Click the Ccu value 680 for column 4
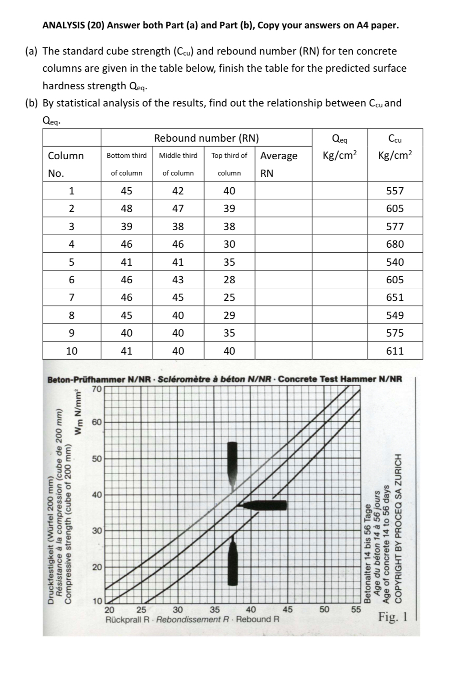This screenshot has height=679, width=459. (x=395, y=244)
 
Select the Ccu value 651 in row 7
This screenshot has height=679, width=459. (x=395, y=297)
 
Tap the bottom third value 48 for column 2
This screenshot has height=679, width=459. (x=127, y=208)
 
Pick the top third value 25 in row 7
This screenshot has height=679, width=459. (x=229, y=297)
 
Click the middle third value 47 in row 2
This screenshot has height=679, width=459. (x=178, y=208)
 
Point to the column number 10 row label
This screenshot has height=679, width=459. (x=72, y=351)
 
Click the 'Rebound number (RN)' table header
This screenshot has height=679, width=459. (x=206, y=138)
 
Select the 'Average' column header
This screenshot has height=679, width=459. (x=279, y=156)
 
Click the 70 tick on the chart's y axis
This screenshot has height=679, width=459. (x=96, y=388)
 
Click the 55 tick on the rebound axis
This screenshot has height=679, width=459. (x=356, y=610)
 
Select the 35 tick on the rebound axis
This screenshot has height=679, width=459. (x=215, y=610)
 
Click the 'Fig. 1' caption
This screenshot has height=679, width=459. (x=392, y=616)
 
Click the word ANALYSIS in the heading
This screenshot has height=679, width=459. (x=63, y=25)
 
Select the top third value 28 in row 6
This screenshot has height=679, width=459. (x=229, y=280)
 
